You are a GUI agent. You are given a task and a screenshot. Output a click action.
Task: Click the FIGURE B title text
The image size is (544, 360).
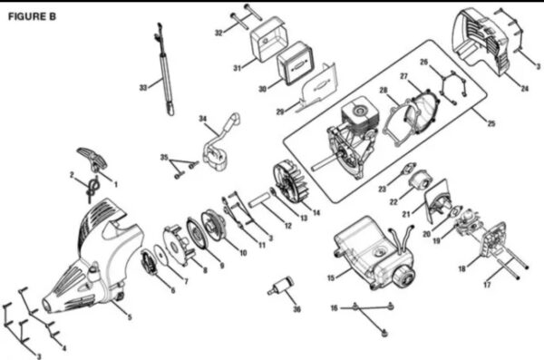click(32, 16)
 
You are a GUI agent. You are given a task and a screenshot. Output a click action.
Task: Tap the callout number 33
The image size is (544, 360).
click(143, 88)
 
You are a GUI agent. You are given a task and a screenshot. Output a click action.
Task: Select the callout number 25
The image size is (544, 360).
click(491, 123)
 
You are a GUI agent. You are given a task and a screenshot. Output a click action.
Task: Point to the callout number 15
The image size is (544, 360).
click(331, 277)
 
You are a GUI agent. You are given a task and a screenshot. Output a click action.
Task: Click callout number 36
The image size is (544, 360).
click(297, 309)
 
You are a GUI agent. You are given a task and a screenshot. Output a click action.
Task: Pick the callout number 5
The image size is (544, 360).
click(130, 317)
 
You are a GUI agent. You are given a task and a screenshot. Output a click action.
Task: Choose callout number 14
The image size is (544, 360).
click(316, 212)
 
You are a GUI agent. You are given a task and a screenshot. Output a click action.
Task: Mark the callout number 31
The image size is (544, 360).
click(237, 68)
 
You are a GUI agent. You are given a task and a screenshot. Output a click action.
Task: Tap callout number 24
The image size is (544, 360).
click(525, 89)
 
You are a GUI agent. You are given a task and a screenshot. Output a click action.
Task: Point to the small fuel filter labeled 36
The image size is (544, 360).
click(281, 286)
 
